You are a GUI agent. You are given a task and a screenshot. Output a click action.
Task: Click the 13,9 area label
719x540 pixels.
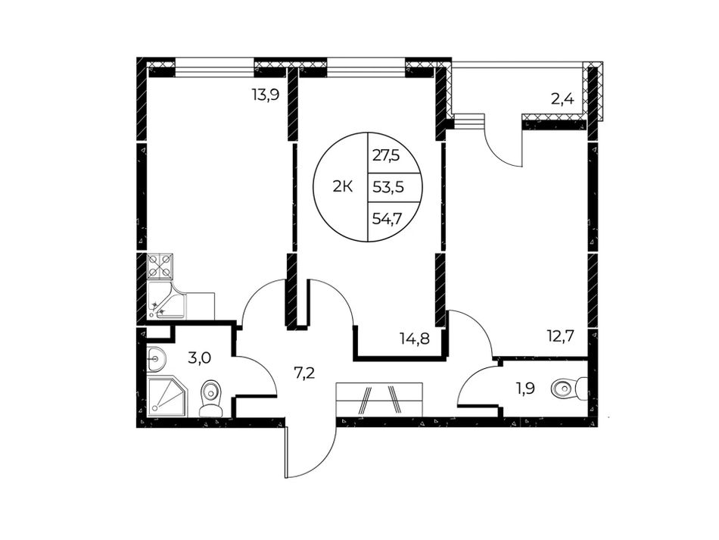(x=266, y=95)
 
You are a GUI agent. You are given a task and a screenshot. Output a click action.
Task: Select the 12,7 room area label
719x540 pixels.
(x=559, y=336)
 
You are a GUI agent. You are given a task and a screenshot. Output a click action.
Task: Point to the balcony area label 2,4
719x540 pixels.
(x=562, y=98)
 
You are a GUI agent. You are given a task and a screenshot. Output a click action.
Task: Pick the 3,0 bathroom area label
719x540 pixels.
(x=200, y=357)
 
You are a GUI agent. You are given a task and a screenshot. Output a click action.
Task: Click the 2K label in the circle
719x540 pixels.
(x=342, y=187)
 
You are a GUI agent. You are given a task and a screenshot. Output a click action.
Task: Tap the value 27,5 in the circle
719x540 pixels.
(x=386, y=156)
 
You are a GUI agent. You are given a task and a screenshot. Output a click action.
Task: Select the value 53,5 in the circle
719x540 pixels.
(x=388, y=187)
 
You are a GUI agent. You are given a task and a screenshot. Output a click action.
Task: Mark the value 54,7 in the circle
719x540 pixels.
(x=388, y=218)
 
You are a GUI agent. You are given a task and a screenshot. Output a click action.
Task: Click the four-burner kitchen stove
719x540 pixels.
(x=160, y=267)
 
